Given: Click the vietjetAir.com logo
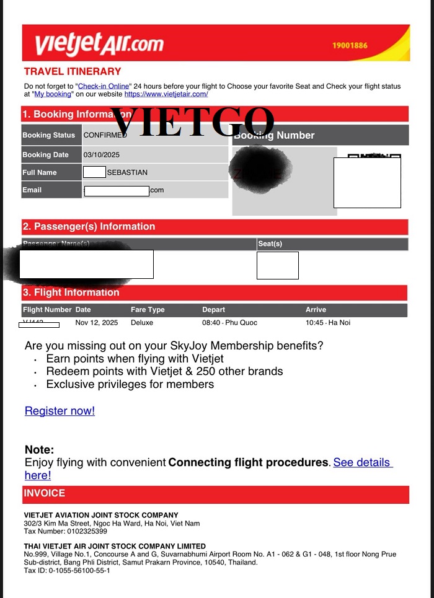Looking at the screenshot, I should coord(99,43).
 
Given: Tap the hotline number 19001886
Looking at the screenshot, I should coord(350,46).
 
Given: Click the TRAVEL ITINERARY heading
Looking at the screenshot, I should coord(73,71).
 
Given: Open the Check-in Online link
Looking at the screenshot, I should coord(104,86).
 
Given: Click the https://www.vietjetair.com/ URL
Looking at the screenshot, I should coord(166,94).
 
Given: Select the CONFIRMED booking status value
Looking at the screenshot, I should coord(105,135).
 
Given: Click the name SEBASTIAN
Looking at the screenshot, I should coord(127,172).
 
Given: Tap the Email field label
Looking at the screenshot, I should coord(32,190).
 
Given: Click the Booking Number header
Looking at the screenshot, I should coord(276,135).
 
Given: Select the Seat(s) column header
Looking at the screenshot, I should coord(270,244).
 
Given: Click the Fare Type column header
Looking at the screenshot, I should coord(148,309).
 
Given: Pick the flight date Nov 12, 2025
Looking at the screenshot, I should coord(96,323).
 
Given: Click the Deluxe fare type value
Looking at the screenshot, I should coord(142,323).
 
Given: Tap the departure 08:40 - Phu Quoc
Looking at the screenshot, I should coord(229,323).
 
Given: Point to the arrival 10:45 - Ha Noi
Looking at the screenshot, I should coord(328,323).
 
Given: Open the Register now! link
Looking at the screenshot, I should coord(60,411).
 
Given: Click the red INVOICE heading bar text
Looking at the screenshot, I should coord(44,493).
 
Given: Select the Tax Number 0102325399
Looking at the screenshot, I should coord(65,531).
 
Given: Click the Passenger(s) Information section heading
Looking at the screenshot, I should coord(89,227).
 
